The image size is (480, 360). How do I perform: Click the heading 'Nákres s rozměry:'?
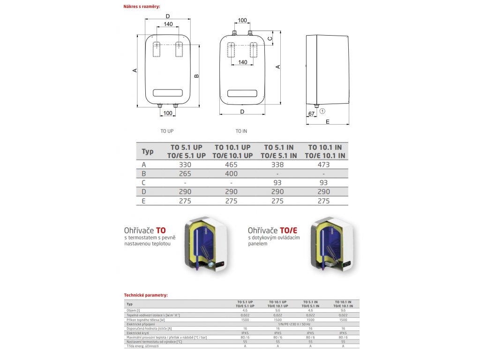[x=142, y=7]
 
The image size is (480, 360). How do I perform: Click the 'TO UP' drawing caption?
[x=167, y=131]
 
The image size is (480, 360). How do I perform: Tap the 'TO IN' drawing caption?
[x=241, y=131]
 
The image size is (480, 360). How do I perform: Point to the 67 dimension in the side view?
[x=311, y=114]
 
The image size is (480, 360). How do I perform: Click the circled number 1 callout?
[x=322, y=111]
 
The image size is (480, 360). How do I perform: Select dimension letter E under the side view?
[x=328, y=121]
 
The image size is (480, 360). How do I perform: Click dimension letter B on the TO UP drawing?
[x=197, y=75]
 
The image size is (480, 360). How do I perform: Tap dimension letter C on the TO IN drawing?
[x=270, y=38]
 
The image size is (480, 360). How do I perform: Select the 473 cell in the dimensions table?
[x=323, y=165]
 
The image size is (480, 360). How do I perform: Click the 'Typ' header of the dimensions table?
[x=148, y=151]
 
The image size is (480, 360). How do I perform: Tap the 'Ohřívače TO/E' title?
[x=272, y=230]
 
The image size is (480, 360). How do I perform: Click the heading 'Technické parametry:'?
[x=146, y=295]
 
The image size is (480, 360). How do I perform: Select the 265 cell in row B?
[x=186, y=173]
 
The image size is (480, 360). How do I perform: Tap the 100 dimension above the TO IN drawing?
[x=242, y=20]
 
